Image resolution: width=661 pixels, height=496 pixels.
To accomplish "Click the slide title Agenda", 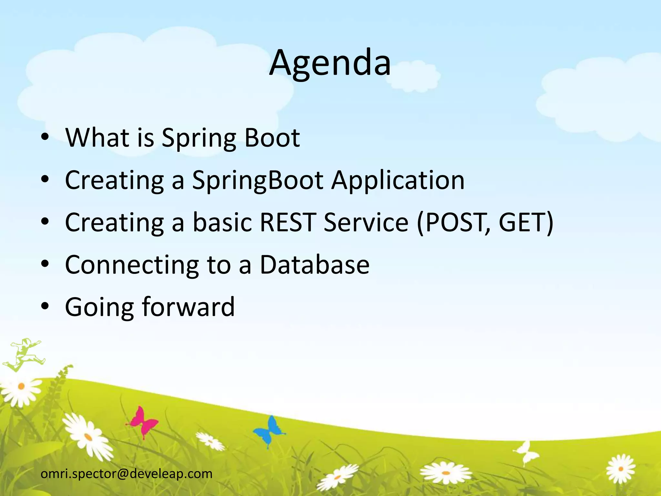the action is point(330,63).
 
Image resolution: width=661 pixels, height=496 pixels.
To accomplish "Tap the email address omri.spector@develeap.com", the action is point(127,474).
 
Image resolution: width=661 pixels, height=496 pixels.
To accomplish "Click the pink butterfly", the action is point(143,421).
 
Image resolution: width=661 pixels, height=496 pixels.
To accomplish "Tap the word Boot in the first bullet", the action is point(272,138).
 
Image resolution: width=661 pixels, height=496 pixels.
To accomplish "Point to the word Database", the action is point(314,265).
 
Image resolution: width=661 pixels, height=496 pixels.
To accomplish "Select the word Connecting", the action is point(132,266).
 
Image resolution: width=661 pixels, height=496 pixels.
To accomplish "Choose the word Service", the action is point(366,222).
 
